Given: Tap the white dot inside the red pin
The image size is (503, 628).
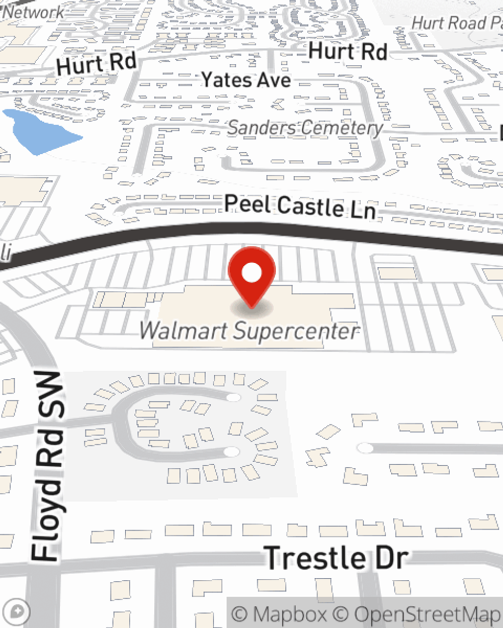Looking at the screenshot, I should coord(252,273).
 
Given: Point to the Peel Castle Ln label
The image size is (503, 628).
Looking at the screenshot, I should coord(300,206).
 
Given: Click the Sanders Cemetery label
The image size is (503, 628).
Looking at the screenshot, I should coord(305,128).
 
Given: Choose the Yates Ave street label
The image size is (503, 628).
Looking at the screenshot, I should coord(246,80).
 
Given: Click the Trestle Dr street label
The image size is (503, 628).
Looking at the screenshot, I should coord(336,558).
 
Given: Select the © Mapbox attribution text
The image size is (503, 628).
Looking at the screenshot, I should coord(279,614).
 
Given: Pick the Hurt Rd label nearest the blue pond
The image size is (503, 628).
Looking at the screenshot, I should coord(97,63).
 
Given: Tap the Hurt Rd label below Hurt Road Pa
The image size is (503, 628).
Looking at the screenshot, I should coord(348,51).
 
